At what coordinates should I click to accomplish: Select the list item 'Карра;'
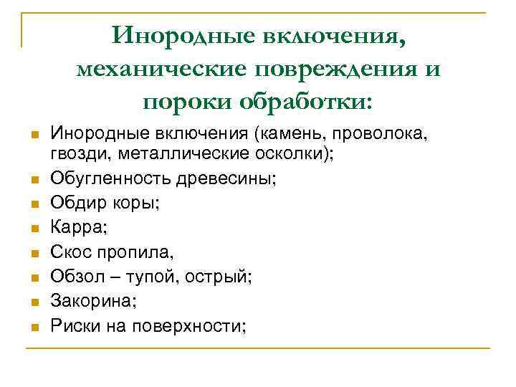coord(74,228)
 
